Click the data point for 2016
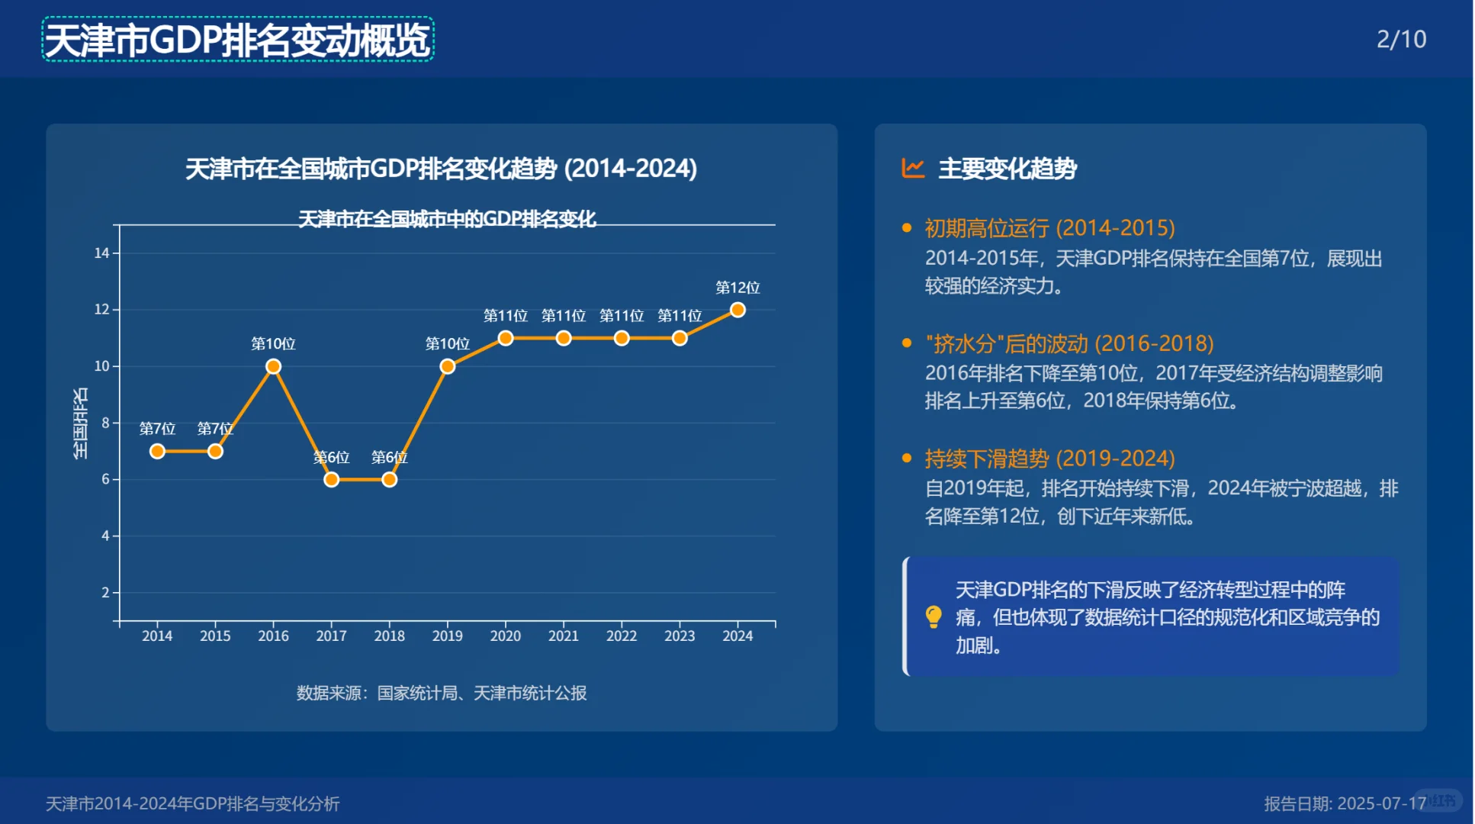[273, 367]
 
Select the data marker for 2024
[737, 310]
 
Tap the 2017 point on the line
[331, 480]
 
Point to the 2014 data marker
[157, 452]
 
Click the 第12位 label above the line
[737, 288]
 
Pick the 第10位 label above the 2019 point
[448, 344]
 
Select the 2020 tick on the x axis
[505, 636]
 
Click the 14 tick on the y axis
[102, 253]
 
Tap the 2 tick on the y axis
[106, 593]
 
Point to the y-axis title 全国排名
[80, 423]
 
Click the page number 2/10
[1401, 39]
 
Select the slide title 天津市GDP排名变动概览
[237, 40]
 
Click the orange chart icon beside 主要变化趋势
[913, 168]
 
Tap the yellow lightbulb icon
[934, 616]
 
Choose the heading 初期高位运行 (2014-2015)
[1049, 228]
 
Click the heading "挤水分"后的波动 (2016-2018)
[1068, 343]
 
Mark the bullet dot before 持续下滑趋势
[907, 459]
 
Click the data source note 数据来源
[441, 693]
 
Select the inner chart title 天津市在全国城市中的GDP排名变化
[447, 219]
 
